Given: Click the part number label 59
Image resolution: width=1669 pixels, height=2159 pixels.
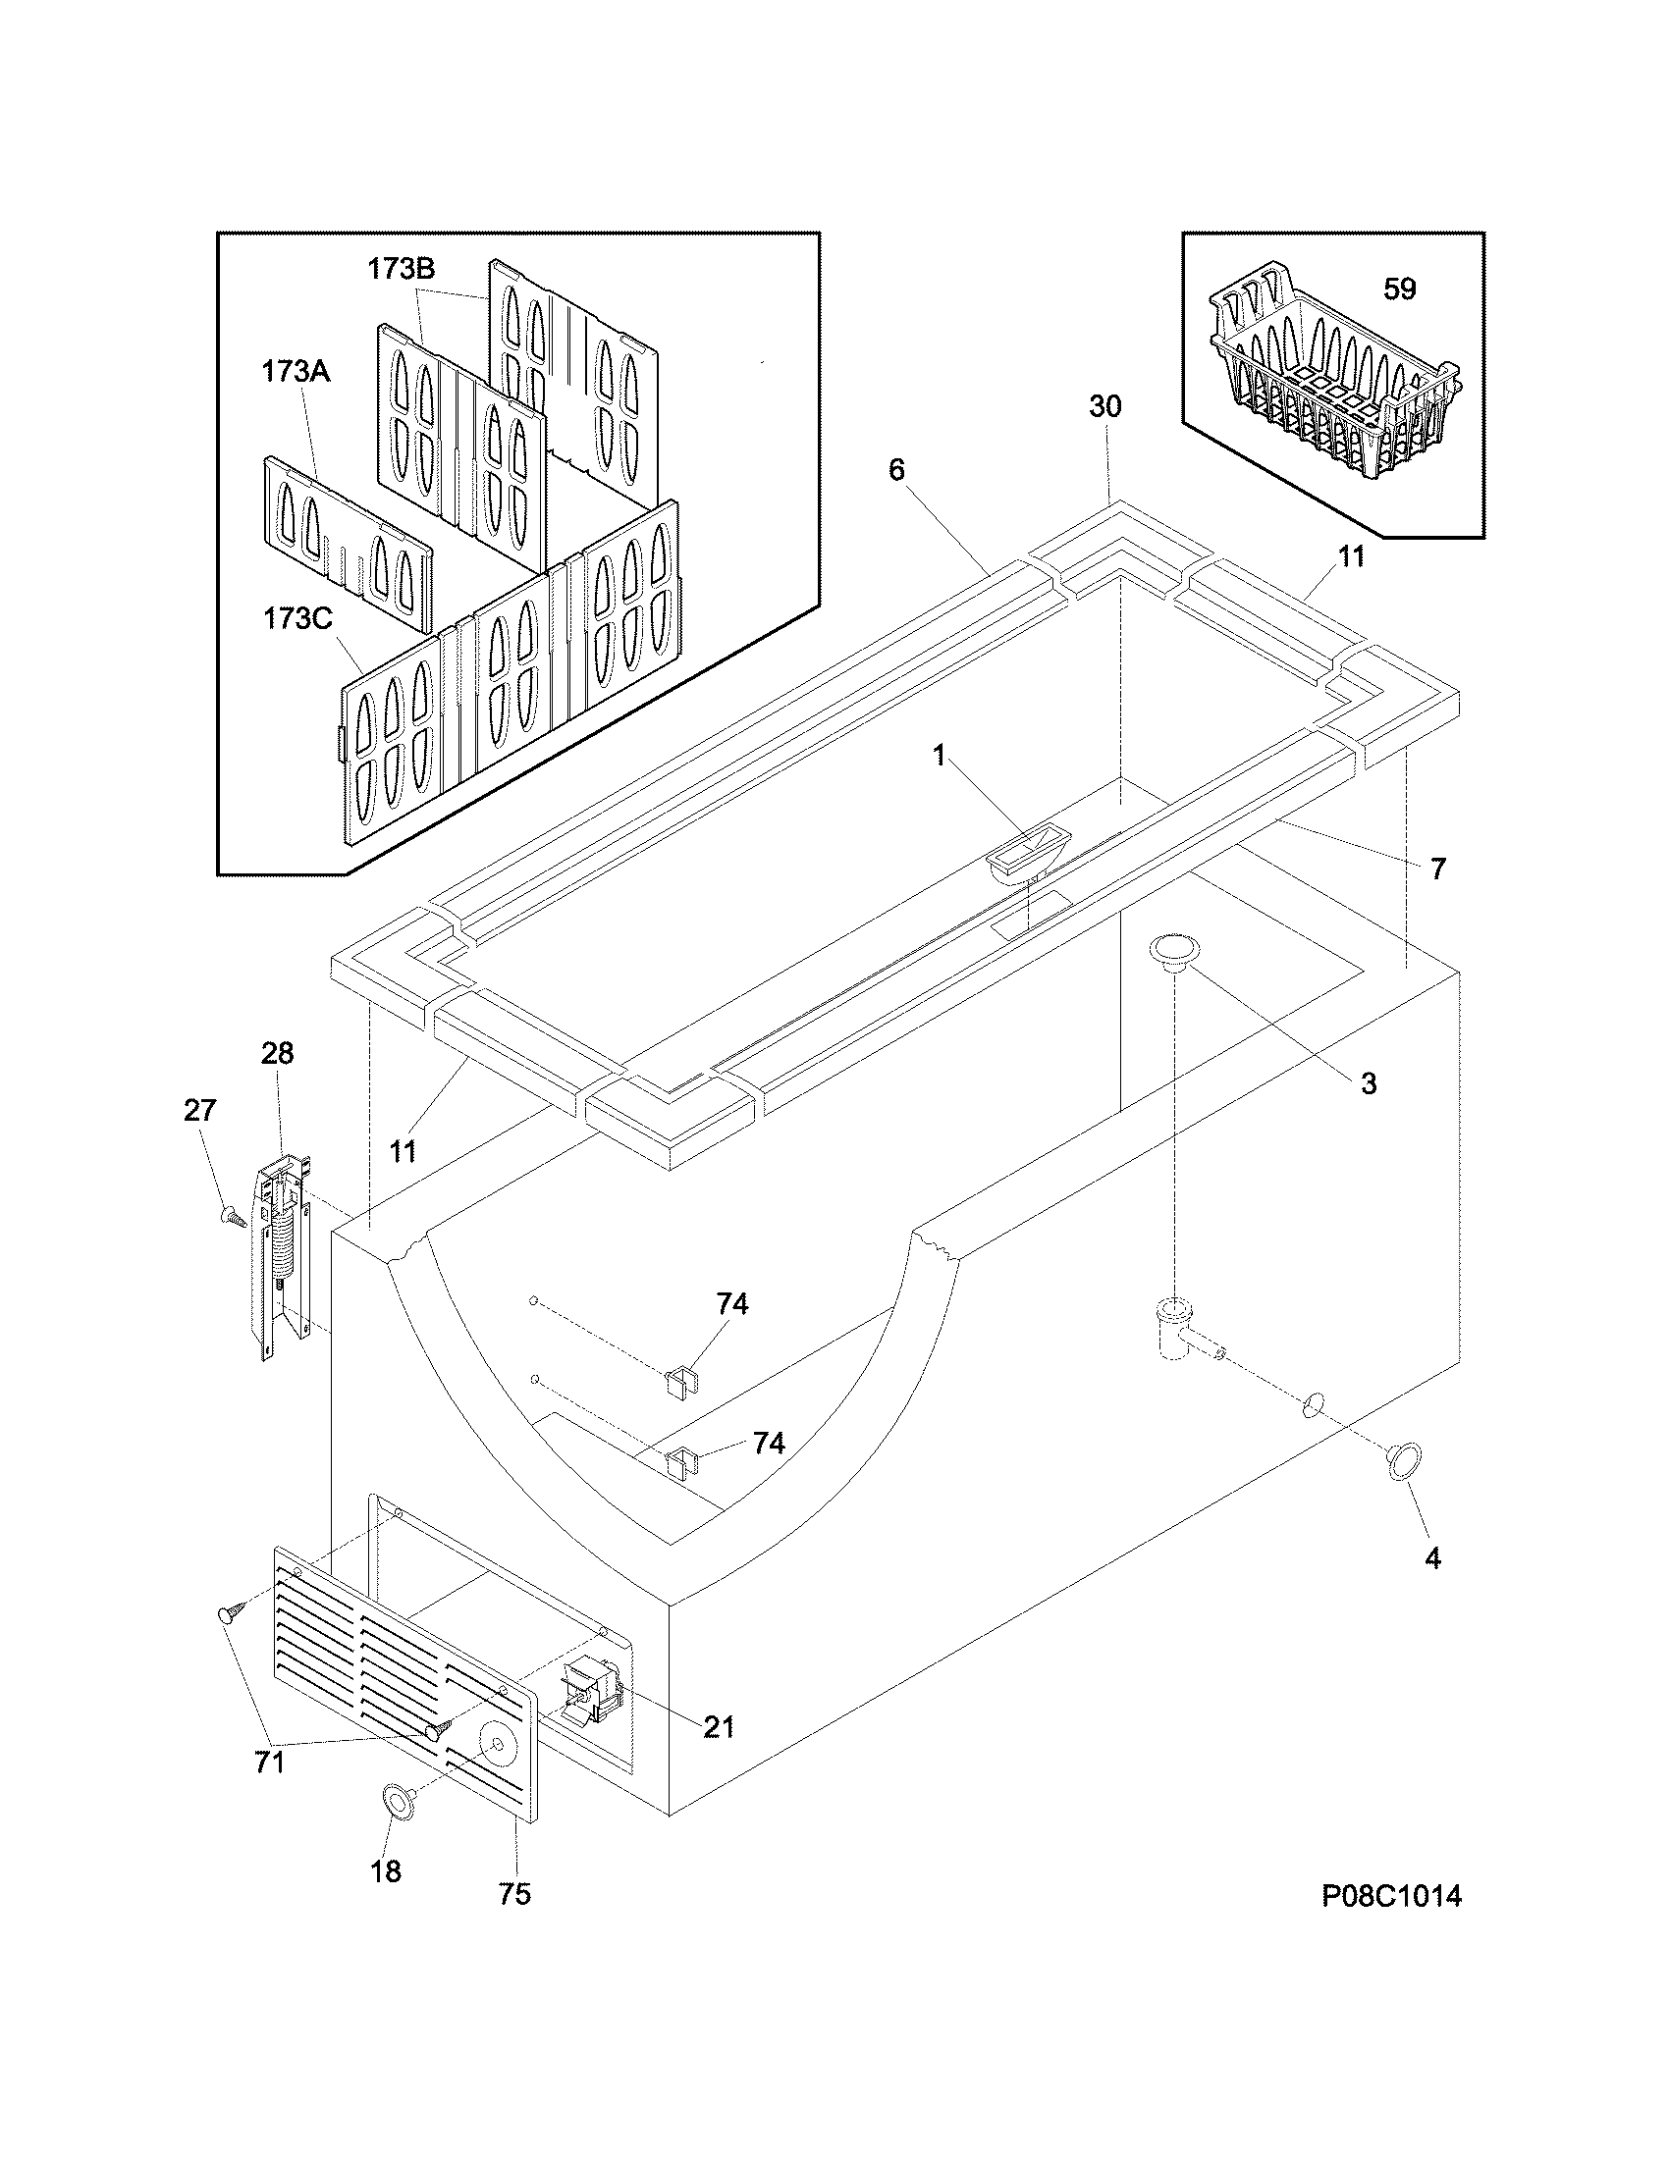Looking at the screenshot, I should point(1399,289).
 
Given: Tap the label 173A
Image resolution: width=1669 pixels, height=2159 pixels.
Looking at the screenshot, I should point(296,372).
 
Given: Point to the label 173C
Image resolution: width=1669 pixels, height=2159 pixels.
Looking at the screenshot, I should point(297,619).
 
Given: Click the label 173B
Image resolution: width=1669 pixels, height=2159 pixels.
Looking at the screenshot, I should point(402,269).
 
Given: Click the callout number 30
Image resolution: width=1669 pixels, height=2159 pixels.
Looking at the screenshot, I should point(1105,406).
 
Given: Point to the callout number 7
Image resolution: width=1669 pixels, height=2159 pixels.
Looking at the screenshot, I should point(1437,869).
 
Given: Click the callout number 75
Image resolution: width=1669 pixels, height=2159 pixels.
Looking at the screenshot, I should point(514,1894).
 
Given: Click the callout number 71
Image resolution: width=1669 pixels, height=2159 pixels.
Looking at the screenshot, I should point(270,1763).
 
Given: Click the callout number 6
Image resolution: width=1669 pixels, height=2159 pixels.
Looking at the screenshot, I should point(895,469).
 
